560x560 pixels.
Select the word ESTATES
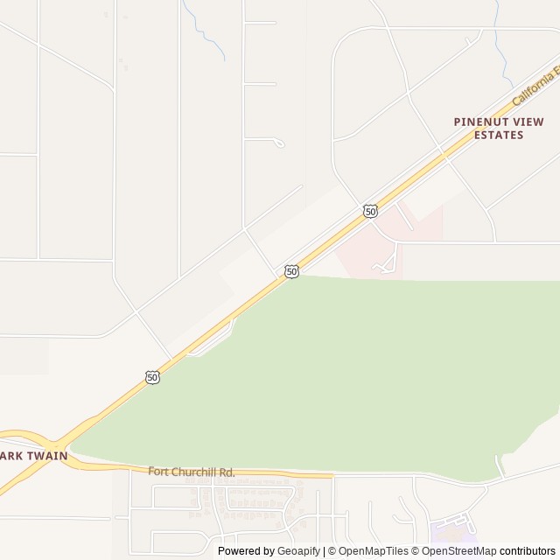click(x=499, y=135)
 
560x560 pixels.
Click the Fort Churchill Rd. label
click(x=192, y=472)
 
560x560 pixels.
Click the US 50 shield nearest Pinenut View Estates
click(x=371, y=211)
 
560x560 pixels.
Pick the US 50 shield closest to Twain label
click(x=153, y=377)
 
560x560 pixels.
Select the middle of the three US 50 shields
click(x=291, y=272)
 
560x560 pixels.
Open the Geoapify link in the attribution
click(x=298, y=551)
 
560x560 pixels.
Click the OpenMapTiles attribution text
click(x=373, y=551)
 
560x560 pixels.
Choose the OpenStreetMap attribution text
click(x=458, y=551)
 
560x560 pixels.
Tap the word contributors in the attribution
click(x=528, y=551)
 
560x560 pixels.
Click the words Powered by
click(x=246, y=551)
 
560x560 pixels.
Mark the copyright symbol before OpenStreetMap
click(x=416, y=551)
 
